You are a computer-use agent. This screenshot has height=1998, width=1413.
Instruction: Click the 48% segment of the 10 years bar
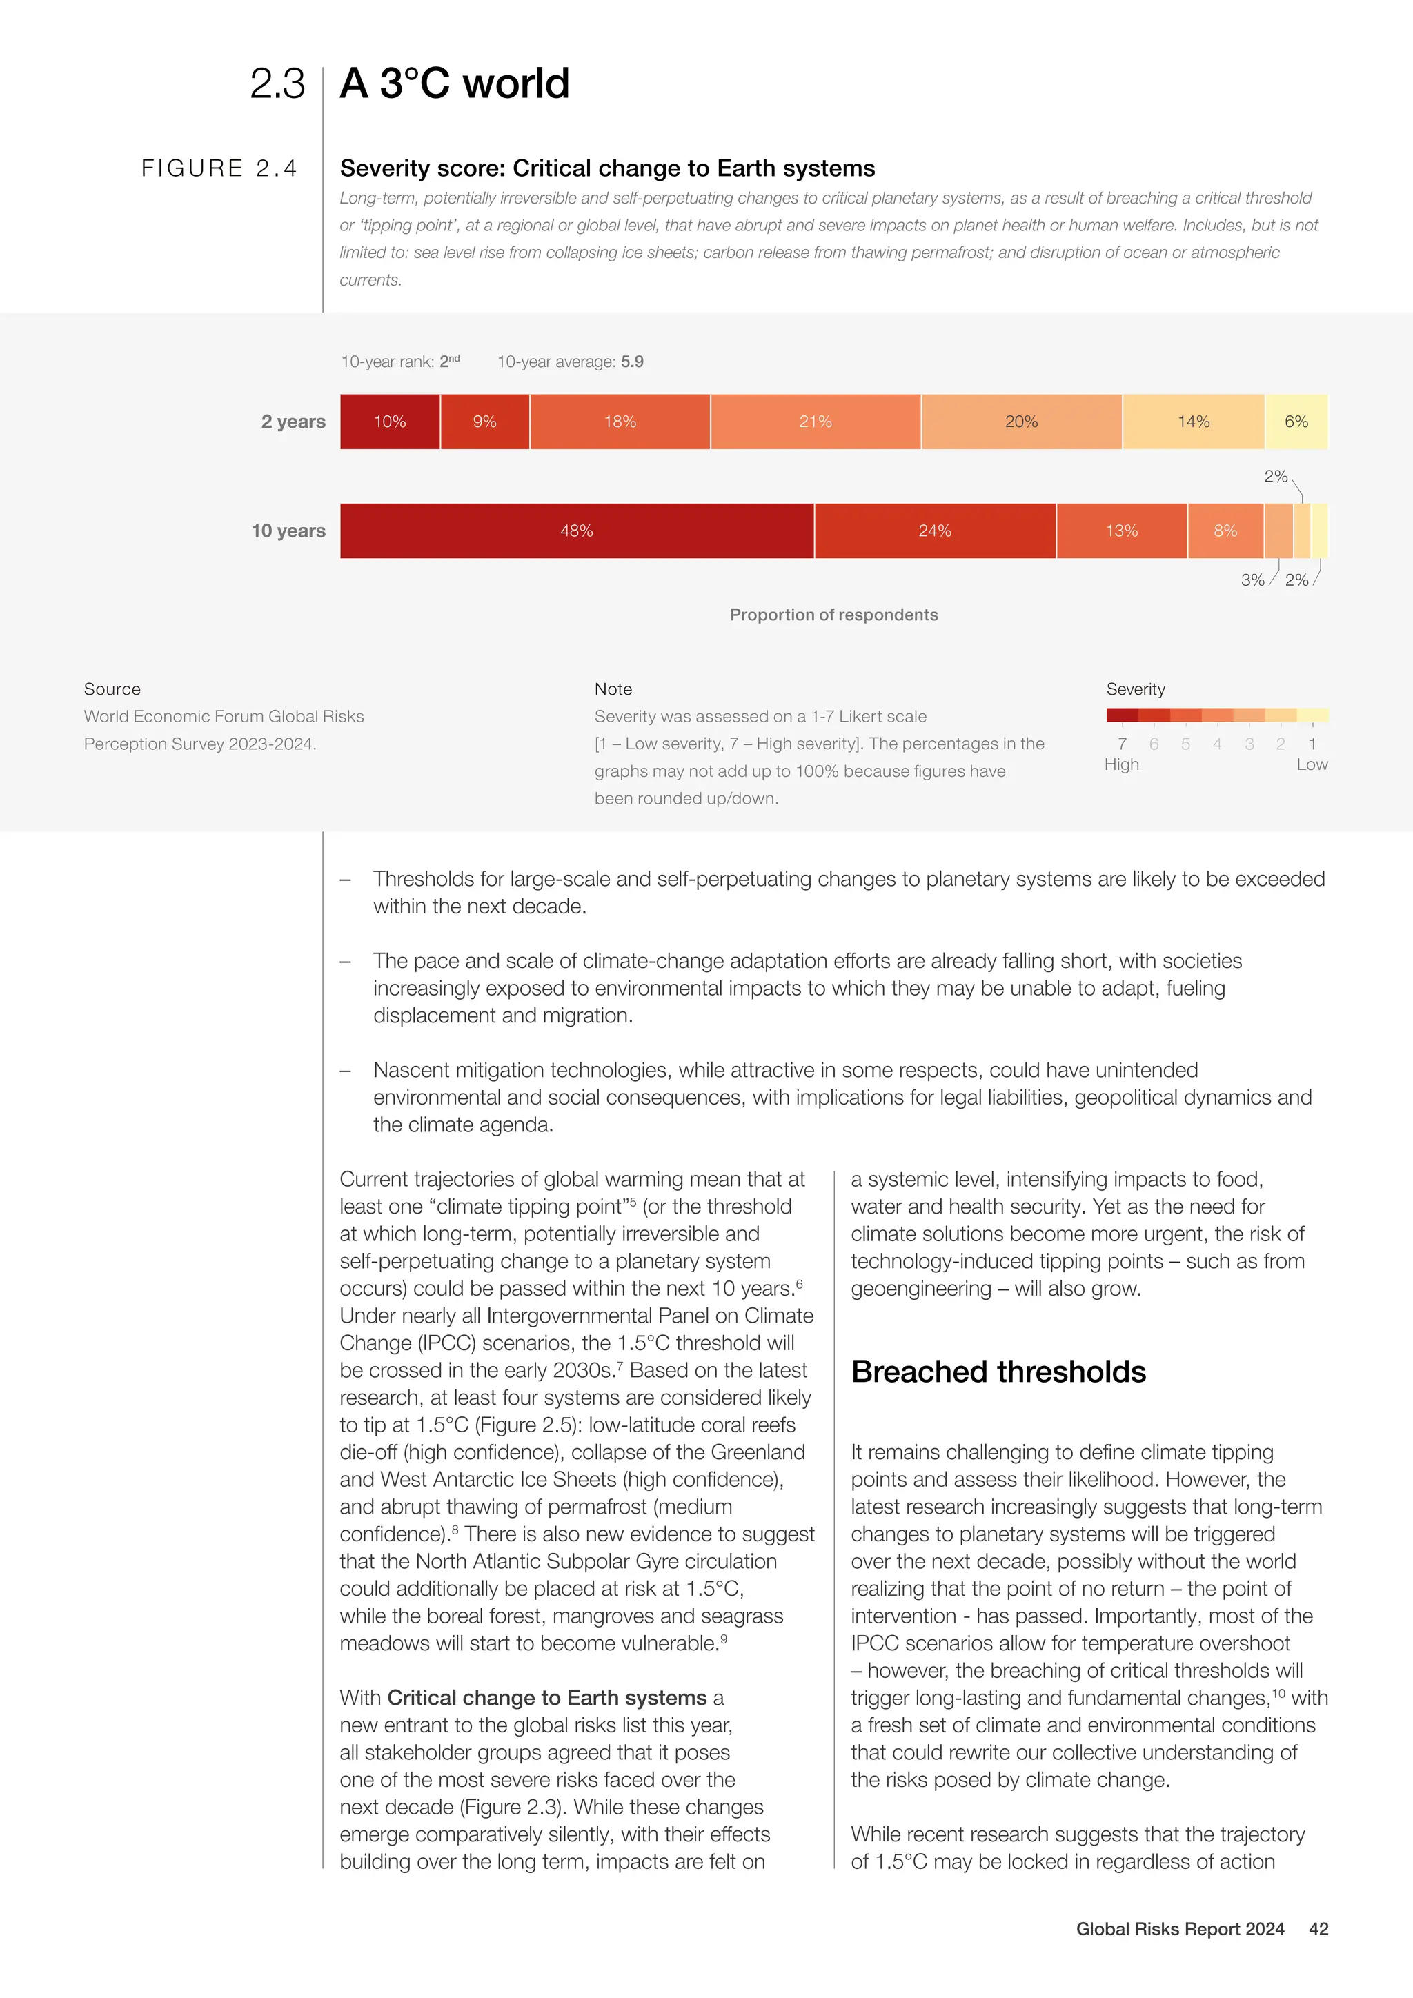(577, 531)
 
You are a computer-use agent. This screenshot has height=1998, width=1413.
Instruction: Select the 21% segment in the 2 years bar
(816, 422)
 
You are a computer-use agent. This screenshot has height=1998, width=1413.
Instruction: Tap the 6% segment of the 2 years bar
(1296, 422)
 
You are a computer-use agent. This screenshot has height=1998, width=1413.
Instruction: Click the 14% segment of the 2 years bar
(1193, 422)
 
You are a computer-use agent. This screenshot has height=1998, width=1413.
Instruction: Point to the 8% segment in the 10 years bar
(1225, 531)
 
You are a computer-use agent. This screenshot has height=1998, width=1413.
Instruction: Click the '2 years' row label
(293, 422)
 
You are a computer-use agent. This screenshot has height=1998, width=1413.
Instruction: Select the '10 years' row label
(288, 531)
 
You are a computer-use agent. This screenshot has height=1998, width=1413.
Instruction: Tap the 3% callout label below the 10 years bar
(1252, 580)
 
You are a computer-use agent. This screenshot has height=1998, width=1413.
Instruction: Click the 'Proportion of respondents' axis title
(833, 615)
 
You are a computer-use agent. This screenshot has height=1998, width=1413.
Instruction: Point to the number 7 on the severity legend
(1122, 744)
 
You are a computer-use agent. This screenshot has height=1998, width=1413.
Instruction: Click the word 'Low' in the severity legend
(1311, 765)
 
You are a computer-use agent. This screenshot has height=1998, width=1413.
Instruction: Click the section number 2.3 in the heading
(277, 84)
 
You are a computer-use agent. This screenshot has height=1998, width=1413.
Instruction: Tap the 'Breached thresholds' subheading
(998, 1372)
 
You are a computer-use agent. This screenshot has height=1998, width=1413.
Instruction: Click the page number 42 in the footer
(1318, 1929)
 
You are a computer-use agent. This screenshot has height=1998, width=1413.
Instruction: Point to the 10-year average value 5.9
(633, 362)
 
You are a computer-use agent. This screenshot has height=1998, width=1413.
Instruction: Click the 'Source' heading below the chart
(112, 689)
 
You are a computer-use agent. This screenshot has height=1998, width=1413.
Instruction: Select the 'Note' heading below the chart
(613, 689)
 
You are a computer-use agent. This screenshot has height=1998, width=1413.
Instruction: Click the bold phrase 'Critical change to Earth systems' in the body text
(546, 1698)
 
